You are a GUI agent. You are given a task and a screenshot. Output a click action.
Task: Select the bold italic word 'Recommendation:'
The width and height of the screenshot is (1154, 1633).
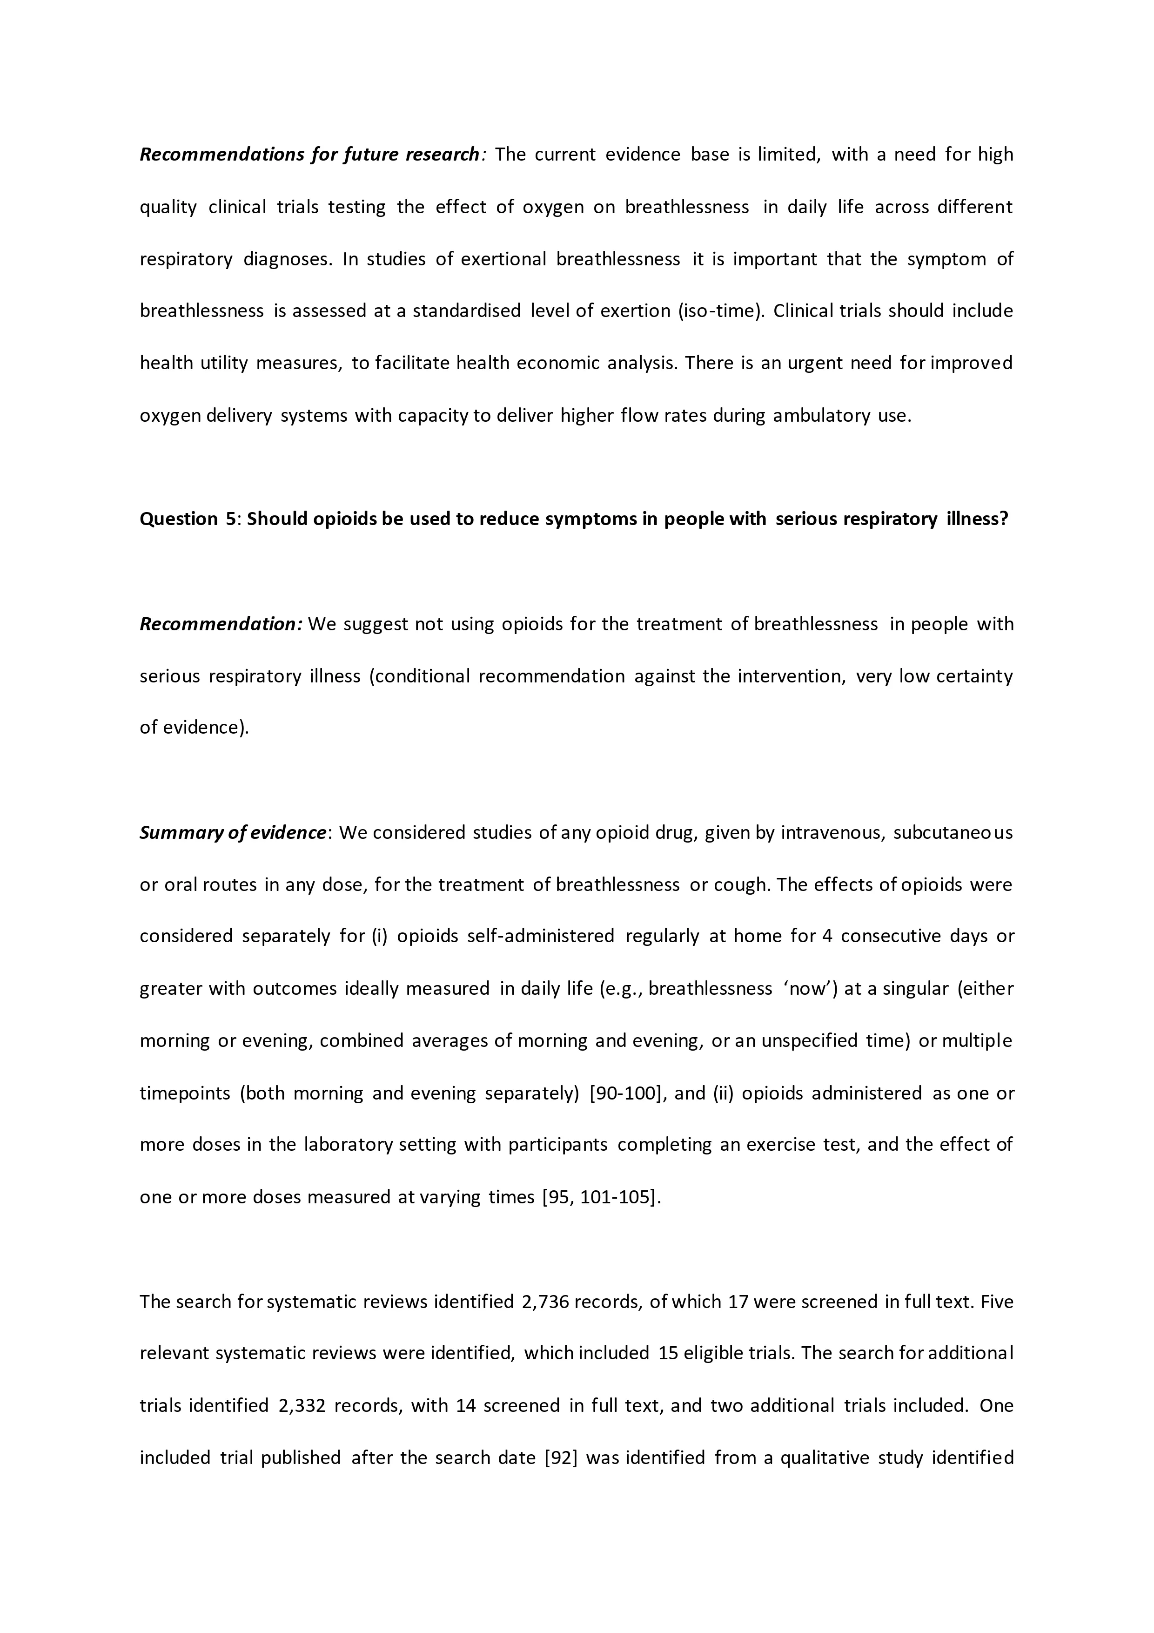221,624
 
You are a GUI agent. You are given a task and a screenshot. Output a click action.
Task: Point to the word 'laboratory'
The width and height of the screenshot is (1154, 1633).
348,1145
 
